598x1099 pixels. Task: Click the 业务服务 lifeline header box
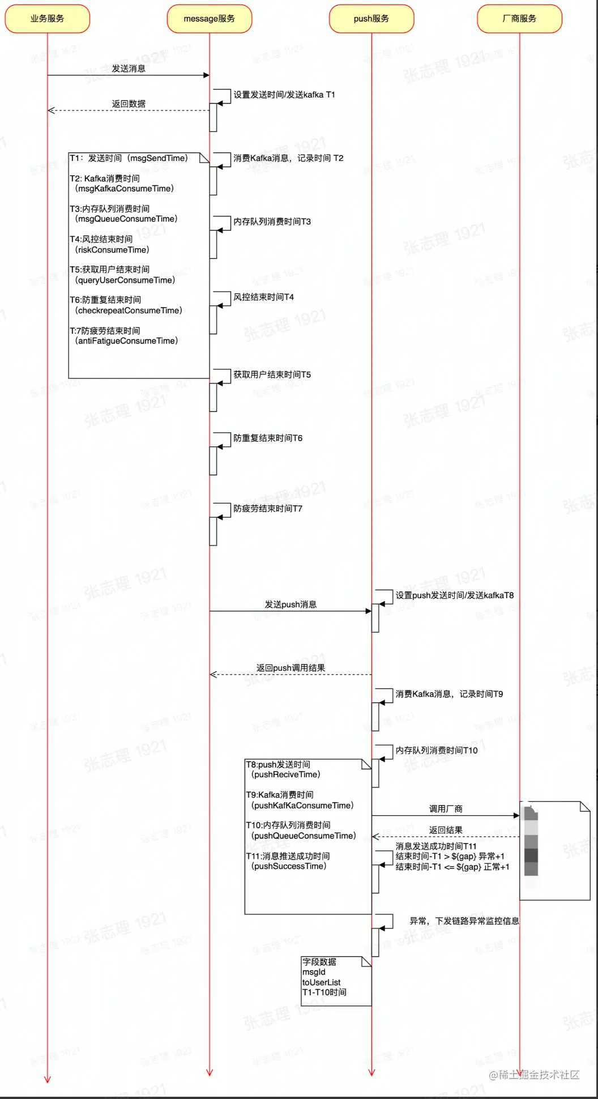point(48,19)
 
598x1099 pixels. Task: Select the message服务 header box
point(209,19)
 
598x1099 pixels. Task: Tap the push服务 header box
point(371,19)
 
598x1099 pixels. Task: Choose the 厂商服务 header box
point(519,19)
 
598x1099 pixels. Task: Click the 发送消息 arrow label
point(129,69)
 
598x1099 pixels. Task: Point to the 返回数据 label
point(129,104)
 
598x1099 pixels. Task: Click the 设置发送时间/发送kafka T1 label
point(284,95)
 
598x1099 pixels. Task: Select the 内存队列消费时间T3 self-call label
point(272,221)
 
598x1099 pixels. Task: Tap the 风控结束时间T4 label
point(263,297)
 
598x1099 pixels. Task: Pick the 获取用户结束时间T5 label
point(272,374)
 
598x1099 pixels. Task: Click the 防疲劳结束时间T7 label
point(268,509)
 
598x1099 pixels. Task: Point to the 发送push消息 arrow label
point(291,604)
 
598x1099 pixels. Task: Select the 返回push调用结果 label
point(291,668)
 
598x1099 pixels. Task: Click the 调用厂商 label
point(446,809)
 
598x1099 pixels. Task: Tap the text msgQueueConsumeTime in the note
point(127,219)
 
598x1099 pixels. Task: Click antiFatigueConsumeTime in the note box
point(127,340)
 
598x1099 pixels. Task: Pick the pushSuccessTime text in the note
point(289,866)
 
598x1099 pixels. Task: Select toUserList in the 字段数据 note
point(322,982)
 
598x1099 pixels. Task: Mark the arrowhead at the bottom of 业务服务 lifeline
point(48,1079)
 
